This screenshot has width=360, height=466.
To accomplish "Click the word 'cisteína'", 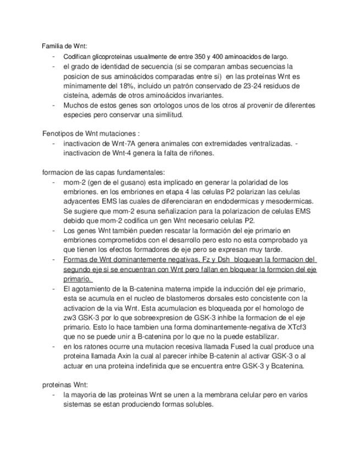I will click(77, 95).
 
